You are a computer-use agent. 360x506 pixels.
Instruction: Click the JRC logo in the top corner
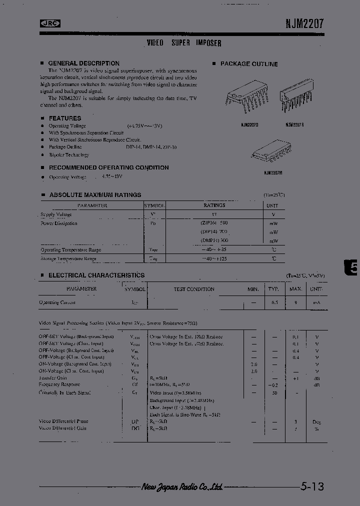(x=49, y=22)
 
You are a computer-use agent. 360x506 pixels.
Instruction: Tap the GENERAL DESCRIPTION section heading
(x=83, y=63)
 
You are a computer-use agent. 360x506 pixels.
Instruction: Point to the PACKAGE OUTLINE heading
(x=249, y=64)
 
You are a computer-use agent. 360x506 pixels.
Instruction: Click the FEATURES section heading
(x=64, y=118)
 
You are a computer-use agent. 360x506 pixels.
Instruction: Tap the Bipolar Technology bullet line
(x=69, y=155)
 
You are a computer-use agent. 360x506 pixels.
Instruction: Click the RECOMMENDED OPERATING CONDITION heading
(x=108, y=168)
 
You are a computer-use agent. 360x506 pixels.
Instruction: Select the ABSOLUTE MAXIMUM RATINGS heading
(x=95, y=195)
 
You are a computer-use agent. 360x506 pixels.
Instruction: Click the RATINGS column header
(x=214, y=205)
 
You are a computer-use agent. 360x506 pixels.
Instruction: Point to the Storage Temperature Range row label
(x=68, y=258)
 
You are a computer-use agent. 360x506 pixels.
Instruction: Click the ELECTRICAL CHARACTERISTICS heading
(x=96, y=275)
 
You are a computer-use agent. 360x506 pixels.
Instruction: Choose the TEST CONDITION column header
(x=193, y=289)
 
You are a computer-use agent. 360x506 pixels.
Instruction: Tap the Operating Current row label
(x=57, y=302)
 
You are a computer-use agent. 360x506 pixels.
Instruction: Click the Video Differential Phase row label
(x=63, y=421)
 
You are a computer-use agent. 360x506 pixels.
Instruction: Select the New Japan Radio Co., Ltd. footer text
(x=182, y=486)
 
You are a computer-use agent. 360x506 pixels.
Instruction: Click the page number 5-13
(x=313, y=486)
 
